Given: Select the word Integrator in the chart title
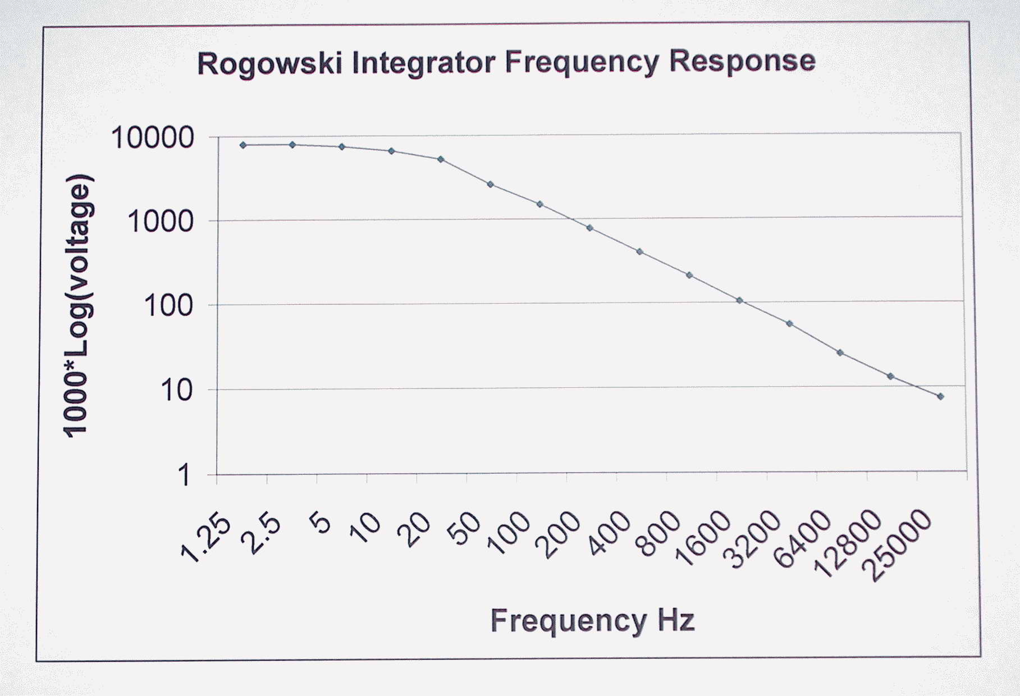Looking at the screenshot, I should (x=423, y=63).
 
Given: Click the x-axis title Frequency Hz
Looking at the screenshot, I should (x=593, y=621).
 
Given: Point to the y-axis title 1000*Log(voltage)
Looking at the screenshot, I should (x=77, y=306).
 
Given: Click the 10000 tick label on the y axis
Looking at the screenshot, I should (x=153, y=138).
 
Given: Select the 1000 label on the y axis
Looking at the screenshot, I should (x=161, y=222).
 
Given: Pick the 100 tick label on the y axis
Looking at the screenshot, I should (x=168, y=306).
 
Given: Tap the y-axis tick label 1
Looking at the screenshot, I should (x=184, y=476).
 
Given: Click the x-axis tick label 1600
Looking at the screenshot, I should (x=703, y=539).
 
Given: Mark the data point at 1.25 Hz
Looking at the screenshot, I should (x=243, y=145).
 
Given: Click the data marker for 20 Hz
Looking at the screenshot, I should (x=441, y=159).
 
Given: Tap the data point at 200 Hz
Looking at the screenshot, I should (x=589, y=228).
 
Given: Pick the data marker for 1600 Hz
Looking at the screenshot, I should (x=740, y=301).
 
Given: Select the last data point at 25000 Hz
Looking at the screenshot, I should (x=940, y=397).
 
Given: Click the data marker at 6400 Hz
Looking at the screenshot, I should (x=840, y=353).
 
